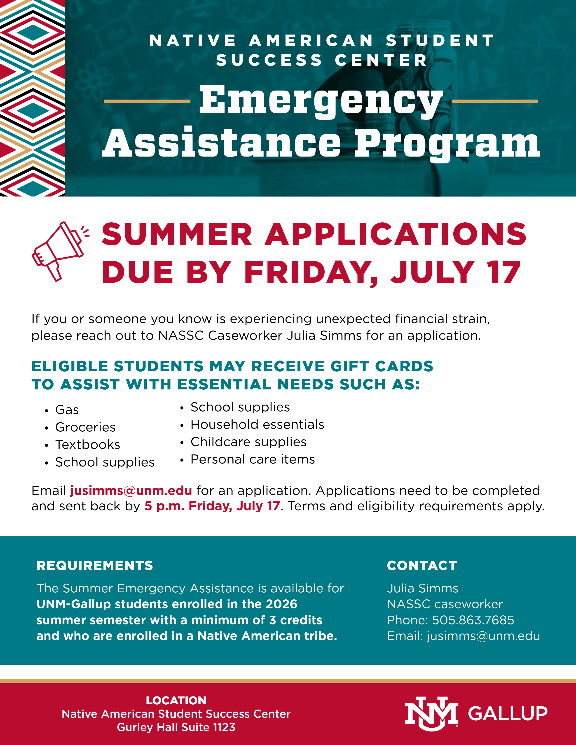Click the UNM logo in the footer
click(432, 714)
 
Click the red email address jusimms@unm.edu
click(131, 491)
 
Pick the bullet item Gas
click(67, 410)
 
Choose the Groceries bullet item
click(85, 427)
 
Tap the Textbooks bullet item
click(88, 445)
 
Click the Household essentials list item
click(257, 424)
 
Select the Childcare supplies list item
click(248, 442)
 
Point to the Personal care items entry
click(253, 459)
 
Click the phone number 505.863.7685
click(473, 620)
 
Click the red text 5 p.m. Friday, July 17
click(212, 506)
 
